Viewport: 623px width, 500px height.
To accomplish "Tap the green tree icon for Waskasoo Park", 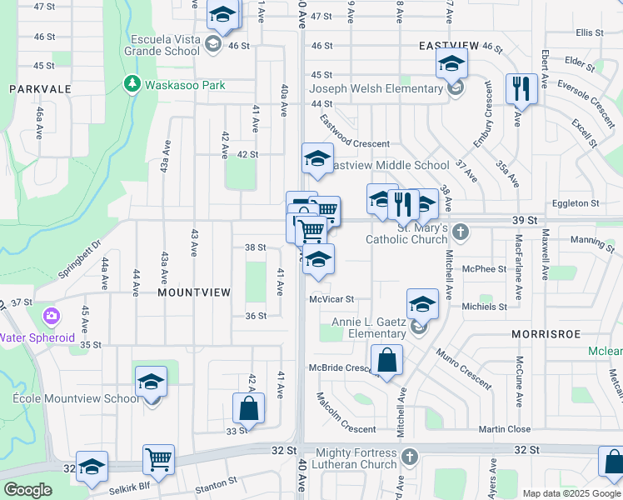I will pos(132,84).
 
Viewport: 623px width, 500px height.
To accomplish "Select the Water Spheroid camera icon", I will pos(52,317).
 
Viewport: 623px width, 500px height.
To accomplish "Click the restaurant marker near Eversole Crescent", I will pos(521,88).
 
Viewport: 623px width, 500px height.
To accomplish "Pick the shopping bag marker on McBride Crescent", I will pos(387,361).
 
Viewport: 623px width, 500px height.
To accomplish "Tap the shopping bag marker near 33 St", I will pos(248,408).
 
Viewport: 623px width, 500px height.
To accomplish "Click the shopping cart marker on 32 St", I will pos(158,458).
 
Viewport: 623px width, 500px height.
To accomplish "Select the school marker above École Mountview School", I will pos(151,381).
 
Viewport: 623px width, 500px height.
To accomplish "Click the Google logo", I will pos(27,490).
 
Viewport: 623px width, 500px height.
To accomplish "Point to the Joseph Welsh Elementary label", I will pos(376,89).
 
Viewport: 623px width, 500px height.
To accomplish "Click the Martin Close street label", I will pos(505,429).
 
